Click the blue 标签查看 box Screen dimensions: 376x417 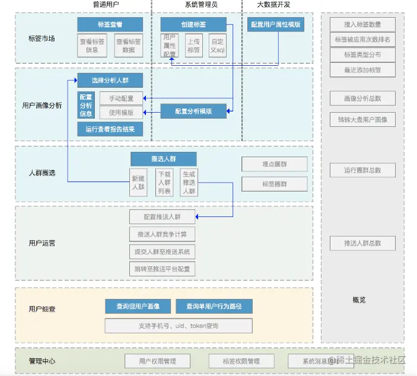pyautogui.click(x=110, y=24)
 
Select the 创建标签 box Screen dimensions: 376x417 pyautogui.click(x=193, y=24)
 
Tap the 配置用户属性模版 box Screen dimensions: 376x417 pyautogui.click(x=276, y=25)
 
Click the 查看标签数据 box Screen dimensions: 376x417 pyautogui.click(x=129, y=46)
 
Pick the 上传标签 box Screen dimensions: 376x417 pyautogui.click(x=193, y=46)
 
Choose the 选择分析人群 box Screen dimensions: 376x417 pyautogui.click(x=110, y=80)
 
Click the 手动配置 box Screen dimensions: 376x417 pyautogui.click(x=121, y=98)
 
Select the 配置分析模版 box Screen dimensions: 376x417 pyautogui.click(x=193, y=111)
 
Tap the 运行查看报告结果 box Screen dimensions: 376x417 pyautogui.click(x=110, y=129)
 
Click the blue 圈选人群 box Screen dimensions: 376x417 pyautogui.click(x=164, y=159)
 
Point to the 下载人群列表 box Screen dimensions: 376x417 pyautogui.click(x=164, y=182)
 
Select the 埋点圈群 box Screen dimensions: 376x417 pyautogui.click(x=275, y=164)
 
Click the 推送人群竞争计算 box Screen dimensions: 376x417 pyautogui.click(x=162, y=234)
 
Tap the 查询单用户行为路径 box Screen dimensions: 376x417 pyautogui.click(x=214, y=307)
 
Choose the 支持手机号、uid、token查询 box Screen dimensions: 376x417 pyautogui.click(x=179, y=326)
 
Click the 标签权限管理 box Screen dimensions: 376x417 pyautogui.click(x=241, y=361)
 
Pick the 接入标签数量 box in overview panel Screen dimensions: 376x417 pyautogui.click(x=362, y=25)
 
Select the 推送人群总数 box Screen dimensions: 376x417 pyautogui.click(x=362, y=243)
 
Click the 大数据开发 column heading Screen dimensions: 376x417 pyautogui.click(x=273, y=5)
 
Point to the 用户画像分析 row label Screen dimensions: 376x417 pyautogui.click(x=42, y=106)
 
